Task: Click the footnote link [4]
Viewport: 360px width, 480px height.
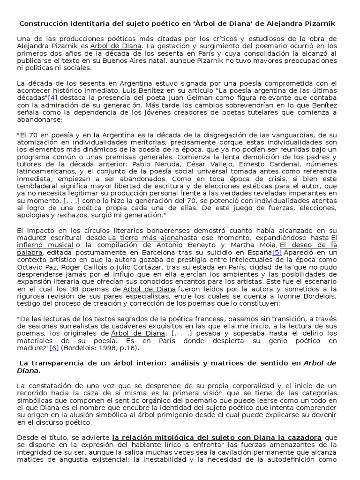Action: [x=53, y=97]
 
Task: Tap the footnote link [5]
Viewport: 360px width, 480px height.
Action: [x=277, y=252]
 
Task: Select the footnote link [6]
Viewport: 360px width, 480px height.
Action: [x=55, y=348]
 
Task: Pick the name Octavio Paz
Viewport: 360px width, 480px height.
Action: [x=34, y=267]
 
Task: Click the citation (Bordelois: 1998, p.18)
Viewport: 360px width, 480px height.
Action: [x=100, y=348]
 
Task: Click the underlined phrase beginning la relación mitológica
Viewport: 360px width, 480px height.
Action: [x=217, y=437]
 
